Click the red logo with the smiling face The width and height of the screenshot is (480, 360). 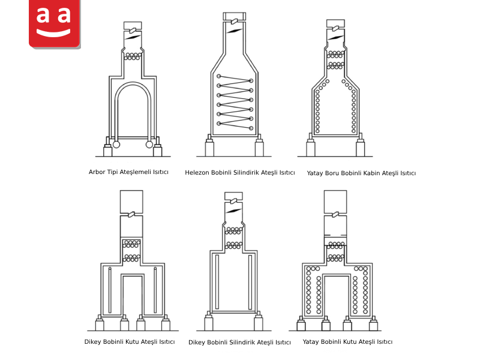click(x=55, y=23)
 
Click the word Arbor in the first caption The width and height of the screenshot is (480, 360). click(x=97, y=172)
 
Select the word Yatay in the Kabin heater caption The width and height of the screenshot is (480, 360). click(x=314, y=173)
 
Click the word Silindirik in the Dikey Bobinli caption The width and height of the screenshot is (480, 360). click(x=241, y=342)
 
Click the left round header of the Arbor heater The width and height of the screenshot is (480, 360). click(x=116, y=144)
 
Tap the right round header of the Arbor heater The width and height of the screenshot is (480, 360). click(x=149, y=144)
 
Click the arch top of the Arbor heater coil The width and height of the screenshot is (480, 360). click(x=133, y=83)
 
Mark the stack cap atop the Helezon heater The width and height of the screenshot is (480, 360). click(x=235, y=16)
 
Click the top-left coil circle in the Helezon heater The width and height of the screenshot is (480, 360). click(x=218, y=76)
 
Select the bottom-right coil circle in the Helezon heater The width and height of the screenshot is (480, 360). click(x=251, y=128)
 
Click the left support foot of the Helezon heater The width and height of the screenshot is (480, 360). click(x=209, y=146)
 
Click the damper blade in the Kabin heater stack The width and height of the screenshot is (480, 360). click(x=335, y=38)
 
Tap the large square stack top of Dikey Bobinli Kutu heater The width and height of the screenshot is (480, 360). click(x=131, y=202)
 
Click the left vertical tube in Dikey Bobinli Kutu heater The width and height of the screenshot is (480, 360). click(x=110, y=290)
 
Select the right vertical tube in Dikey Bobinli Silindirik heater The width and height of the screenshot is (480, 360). click(x=250, y=282)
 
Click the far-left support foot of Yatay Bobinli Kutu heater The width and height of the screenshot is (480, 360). click(x=302, y=323)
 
